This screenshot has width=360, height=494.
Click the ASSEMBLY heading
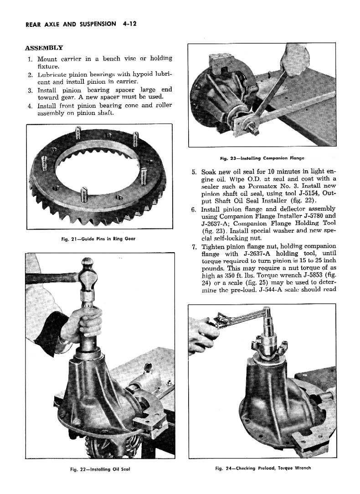coord(44,47)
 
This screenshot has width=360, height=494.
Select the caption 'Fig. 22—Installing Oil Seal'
coord(98,469)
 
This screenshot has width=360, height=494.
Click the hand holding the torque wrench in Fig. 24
coord(202,334)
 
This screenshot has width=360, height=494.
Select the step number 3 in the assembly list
coord(29,90)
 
